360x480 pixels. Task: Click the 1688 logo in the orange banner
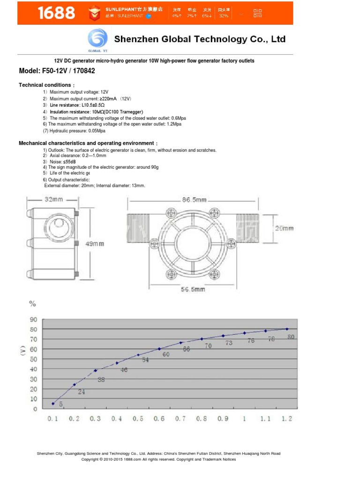tap(56, 13)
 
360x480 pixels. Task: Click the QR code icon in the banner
tap(257, 13)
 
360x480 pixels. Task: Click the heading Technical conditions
tap(46, 85)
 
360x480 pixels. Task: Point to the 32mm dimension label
tap(54, 199)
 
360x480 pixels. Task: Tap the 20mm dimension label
tap(284, 228)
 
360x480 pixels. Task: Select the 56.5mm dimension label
tap(193, 289)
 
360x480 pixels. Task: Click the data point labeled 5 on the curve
tap(53, 403)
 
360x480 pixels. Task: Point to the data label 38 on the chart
tap(101, 379)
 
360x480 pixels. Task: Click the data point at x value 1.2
tap(287, 329)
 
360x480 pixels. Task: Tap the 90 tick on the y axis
tap(33, 320)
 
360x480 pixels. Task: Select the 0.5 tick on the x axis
tap(138, 419)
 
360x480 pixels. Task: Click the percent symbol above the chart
tap(32, 304)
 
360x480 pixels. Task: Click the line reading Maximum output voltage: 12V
tap(75, 92)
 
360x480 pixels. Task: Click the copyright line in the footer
tap(158, 459)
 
